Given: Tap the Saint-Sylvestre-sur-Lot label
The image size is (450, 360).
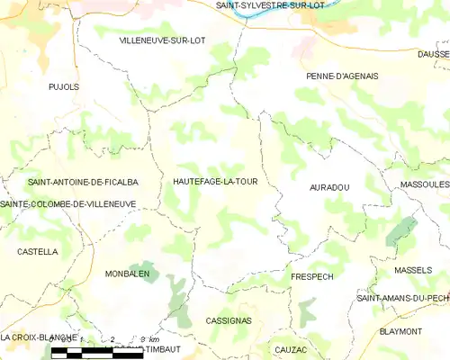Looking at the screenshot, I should pyautogui.click(x=269, y=5).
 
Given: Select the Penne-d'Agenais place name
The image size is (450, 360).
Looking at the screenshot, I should pyautogui.click(x=341, y=76).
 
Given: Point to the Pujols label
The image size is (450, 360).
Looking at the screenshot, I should pyautogui.click(x=64, y=87).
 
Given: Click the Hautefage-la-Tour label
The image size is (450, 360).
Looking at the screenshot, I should pyautogui.click(x=216, y=181).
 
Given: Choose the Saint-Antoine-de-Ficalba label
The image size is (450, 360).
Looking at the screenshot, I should pyautogui.click(x=83, y=182).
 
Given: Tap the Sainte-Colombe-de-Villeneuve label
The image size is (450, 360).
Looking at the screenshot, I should pyautogui.click(x=68, y=204).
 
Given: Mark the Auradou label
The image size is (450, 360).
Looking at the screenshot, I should pyautogui.click(x=329, y=187).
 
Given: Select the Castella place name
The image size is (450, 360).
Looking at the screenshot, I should pyautogui.click(x=37, y=252).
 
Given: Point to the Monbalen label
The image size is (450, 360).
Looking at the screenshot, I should pyautogui.click(x=127, y=274).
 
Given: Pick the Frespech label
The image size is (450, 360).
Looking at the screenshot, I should pyautogui.click(x=313, y=276).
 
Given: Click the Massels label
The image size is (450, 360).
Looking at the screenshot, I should pyautogui.click(x=413, y=270).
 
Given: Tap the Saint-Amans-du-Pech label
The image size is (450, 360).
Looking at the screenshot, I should pyautogui.click(x=402, y=298).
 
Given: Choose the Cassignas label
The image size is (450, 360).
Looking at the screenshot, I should pyautogui.click(x=229, y=320).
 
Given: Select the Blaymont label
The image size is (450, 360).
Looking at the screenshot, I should pyautogui.click(x=401, y=331).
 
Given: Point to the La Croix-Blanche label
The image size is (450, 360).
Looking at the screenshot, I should pyautogui.click(x=31, y=337).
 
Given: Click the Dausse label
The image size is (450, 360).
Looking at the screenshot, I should pyautogui.click(x=434, y=54).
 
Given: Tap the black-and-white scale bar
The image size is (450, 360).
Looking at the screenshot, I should pyautogui.click(x=97, y=354).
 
